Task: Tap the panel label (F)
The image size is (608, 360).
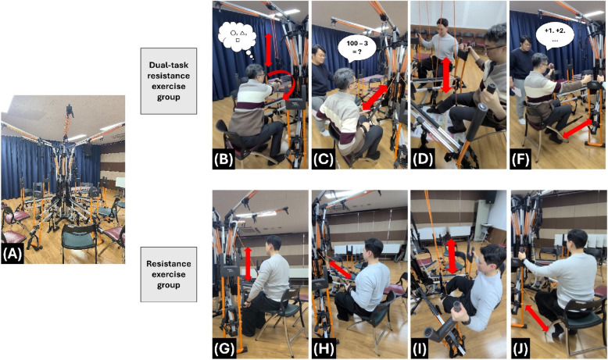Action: [x=520, y=159]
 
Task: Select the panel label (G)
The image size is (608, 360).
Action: [x=224, y=349]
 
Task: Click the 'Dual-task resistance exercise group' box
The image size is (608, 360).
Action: [x=168, y=81]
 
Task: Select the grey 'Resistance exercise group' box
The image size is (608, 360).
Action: [x=168, y=274]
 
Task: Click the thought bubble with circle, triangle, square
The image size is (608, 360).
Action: [x=237, y=37]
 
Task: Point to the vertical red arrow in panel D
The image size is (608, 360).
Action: [x=446, y=75]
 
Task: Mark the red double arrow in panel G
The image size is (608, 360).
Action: [x=249, y=264]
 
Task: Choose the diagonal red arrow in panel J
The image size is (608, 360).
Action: [x=537, y=317]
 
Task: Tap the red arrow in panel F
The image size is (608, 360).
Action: [x=577, y=129]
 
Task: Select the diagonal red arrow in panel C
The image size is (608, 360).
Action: [x=374, y=97]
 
